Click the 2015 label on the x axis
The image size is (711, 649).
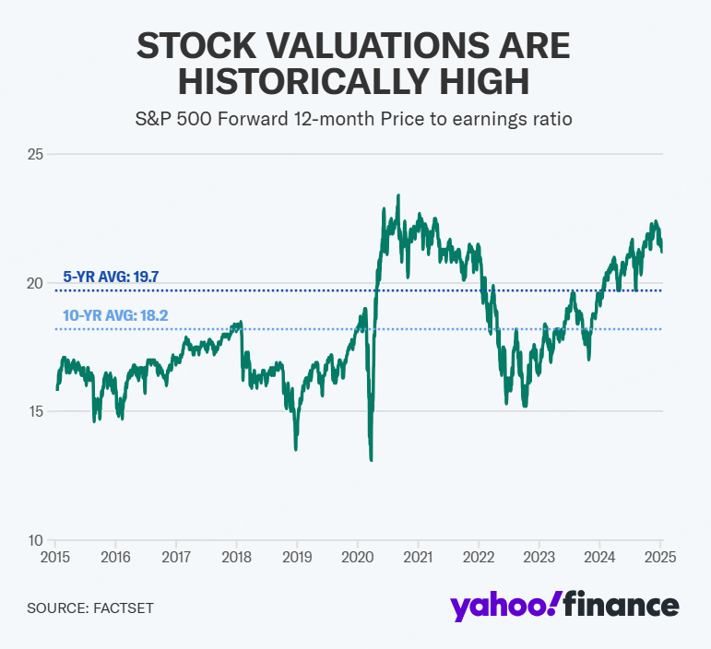pos(54,557)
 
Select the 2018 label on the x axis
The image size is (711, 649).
pos(237,557)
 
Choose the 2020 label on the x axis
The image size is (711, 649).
pos(358,557)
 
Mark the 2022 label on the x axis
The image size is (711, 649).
pos(480,557)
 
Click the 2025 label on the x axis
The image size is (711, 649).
pos(661,557)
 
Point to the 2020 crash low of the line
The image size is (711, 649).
pos(371,459)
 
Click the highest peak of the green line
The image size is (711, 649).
pos(397,195)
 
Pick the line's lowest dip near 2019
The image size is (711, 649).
pos(295,449)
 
